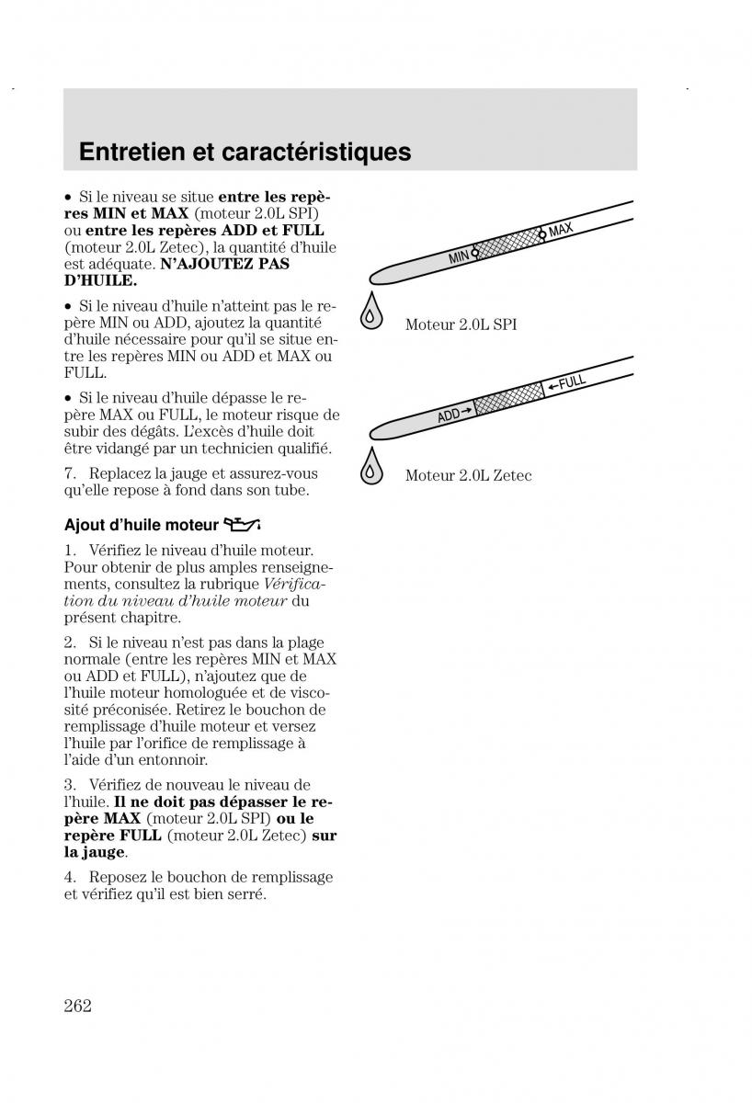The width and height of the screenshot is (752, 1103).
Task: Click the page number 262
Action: (78, 1006)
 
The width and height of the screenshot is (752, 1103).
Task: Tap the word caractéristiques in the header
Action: (316, 153)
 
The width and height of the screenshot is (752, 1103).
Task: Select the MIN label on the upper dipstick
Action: (459, 257)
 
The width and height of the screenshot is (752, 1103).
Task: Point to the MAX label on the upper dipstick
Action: (561, 230)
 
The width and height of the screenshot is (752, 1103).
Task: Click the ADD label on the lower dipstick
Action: (449, 416)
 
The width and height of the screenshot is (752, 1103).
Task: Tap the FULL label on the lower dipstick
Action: (572, 381)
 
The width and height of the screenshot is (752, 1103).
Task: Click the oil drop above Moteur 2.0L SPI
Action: (371, 312)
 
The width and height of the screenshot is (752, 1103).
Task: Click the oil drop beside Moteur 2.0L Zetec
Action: (371, 466)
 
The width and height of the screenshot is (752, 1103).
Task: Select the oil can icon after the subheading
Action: (242, 525)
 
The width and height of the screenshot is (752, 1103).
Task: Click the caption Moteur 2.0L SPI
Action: (461, 324)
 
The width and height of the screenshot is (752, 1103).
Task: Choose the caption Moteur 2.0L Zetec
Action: (468, 475)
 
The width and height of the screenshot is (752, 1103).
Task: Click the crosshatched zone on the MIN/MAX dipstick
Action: (508, 244)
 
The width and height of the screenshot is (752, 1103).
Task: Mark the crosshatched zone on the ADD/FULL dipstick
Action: (509, 399)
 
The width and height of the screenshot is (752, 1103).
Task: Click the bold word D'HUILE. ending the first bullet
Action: (100, 280)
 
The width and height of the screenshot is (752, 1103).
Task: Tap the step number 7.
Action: (70, 473)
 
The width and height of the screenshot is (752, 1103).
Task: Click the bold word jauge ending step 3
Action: (108, 852)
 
